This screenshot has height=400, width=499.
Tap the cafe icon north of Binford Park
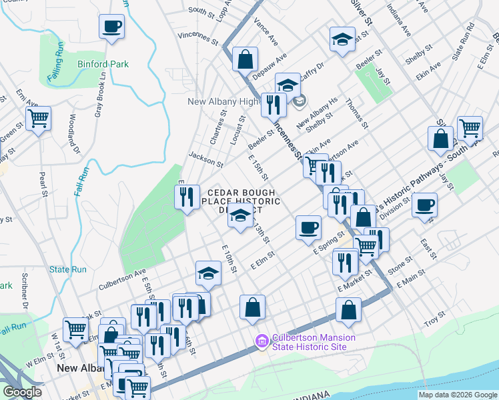pyautogui.click(x=111, y=27)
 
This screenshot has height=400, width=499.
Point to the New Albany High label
pyautogui.click(x=223, y=101)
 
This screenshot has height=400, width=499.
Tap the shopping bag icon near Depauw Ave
pyautogui.click(x=245, y=59)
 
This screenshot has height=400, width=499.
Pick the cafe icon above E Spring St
pyautogui.click(x=308, y=227)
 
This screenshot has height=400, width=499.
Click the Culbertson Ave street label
pyautogui.click(x=122, y=278)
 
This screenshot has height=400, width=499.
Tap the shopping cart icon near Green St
pyautogui.click(x=38, y=119)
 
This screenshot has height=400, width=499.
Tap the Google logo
pyautogui.click(x=23, y=392)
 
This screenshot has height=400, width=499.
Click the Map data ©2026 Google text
pyautogui.click(x=457, y=395)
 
